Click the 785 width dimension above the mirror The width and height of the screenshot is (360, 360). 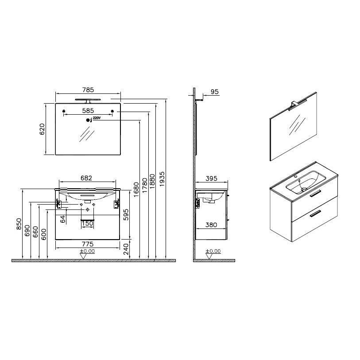pyautogui.click(x=88, y=90)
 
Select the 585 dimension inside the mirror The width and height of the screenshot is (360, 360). pyautogui.click(x=88, y=111)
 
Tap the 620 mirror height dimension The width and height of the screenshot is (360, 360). pyautogui.click(x=42, y=129)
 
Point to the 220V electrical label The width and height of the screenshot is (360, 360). pyautogui.click(x=97, y=118)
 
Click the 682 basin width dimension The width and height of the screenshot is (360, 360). pyautogui.click(x=86, y=178)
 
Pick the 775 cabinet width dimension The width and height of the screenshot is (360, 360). pyautogui.click(x=88, y=244)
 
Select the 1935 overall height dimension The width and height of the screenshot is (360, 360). pyautogui.click(x=162, y=179)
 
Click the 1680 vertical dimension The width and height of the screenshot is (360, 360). pyautogui.click(x=136, y=190)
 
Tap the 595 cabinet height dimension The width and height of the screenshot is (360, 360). pyautogui.click(x=126, y=215)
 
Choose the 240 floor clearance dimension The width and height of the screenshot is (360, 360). pyautogui.click(x=126, y=249)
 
